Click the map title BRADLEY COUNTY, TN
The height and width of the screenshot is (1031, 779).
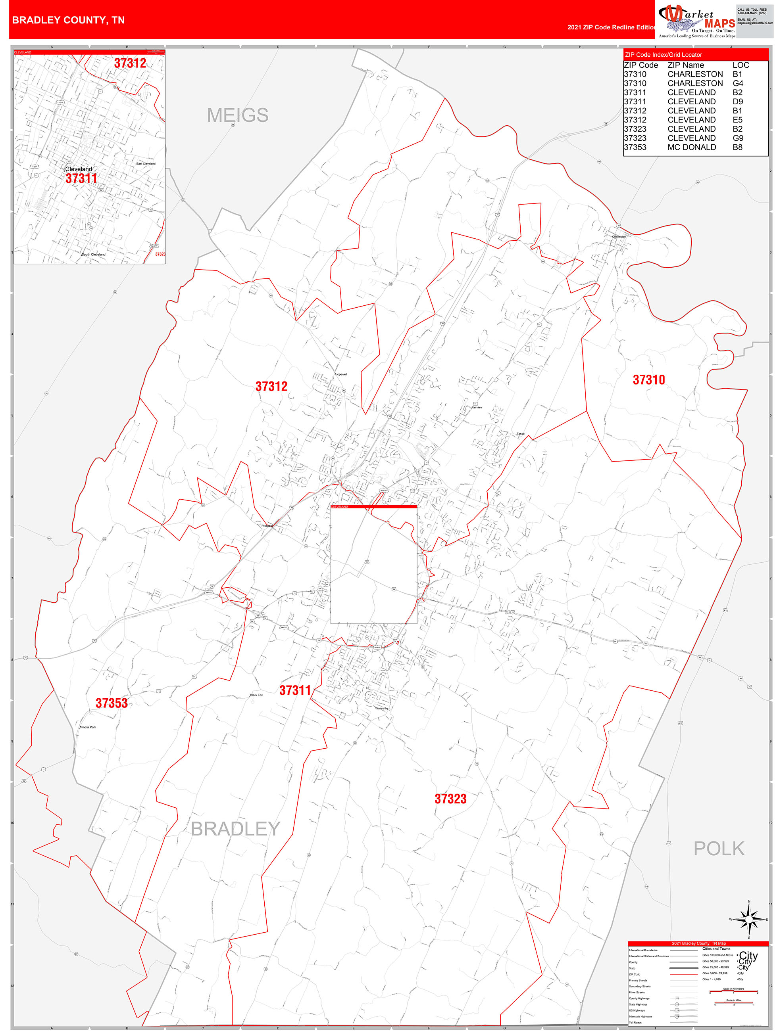(x=68, y=20)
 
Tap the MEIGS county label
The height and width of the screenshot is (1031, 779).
(x=237, y=115)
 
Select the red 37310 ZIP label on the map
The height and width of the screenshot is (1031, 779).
(x=648, y=380)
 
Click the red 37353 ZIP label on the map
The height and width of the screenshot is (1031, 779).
(x=112, y=703)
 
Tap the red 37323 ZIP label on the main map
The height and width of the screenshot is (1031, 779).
(x=450, y=799)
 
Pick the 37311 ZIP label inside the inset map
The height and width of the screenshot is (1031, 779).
(x=81, y=178)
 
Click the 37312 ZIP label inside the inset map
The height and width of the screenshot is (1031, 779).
(x=130, y=63)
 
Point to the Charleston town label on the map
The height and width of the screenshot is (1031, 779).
(x=619, y=237)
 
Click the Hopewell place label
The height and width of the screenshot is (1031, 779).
(x=341, y=374)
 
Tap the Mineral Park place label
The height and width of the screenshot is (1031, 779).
(x=88, y=727)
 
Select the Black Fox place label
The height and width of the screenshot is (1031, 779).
(x=256, y=695)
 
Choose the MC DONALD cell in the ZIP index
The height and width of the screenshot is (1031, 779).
(x=691, y=147)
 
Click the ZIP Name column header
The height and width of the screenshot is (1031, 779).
(x=685, y=65)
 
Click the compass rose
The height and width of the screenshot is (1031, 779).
(x=749, y=919)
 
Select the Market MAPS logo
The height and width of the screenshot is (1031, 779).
(x=696, y=19)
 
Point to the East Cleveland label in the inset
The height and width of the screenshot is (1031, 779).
(x=146, y=164)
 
